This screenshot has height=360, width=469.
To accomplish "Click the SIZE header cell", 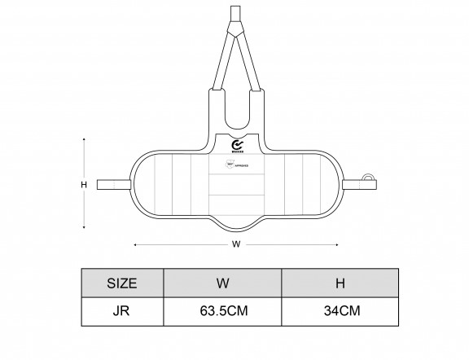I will [122, 283].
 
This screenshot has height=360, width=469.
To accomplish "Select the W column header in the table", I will [222, 283].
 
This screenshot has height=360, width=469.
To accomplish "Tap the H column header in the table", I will [340, 283].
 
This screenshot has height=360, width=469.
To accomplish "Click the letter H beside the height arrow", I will [83, 185].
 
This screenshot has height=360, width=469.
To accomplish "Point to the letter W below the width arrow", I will [235, 243].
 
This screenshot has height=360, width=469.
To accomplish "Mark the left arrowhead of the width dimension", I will [134, 243].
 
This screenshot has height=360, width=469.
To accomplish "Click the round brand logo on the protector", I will [236, 140].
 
